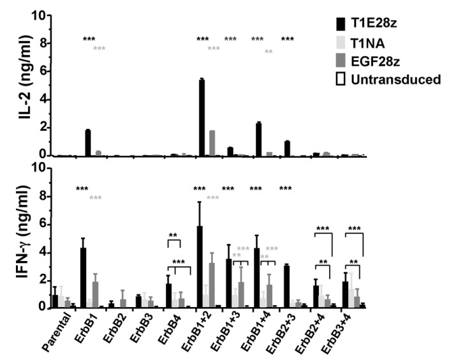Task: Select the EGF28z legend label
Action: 399,59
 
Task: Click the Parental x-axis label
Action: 54,333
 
